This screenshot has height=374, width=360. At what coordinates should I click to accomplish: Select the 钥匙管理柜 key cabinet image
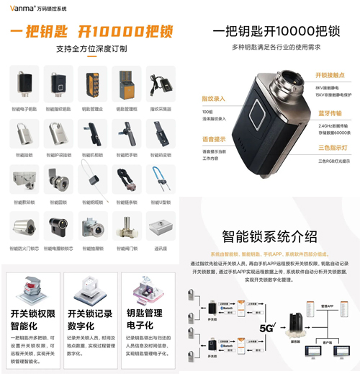click(126, 84)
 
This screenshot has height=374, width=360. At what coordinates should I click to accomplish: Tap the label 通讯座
click(161, 249)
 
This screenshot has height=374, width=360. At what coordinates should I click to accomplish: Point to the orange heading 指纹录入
click(214, 98)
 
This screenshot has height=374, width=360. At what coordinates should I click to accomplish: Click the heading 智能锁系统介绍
click(269, 236)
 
